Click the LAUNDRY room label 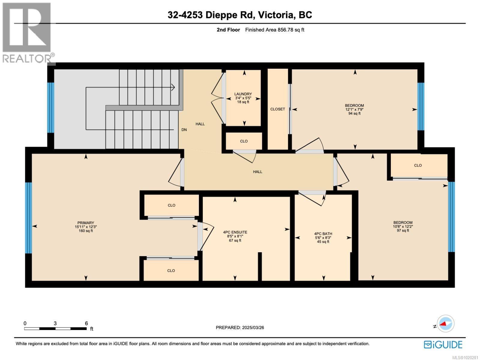pyautogui.click(x=243, y=94)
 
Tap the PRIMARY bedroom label pyautogui.click(x=86, y=223)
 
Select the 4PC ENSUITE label pyautogui.click(x=235, y=232)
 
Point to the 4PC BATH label pyautogui.click(x=323, y=234)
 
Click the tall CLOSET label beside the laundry pyautogui.click(x=277, y=109)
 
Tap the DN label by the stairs pyautogui.click(x=184, y=130)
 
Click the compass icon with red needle pyautogui.click(x=446, y=324)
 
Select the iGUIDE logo pyautogui.click(x=443, y=344)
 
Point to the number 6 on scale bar pyautogui.click(x=86, y=323)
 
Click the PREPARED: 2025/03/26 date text pyautogui.click(x=240, y=328)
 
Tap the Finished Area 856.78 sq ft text pyautogui.click(x=274, y=30)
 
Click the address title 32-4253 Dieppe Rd pyautogui.click(x=240, y=15)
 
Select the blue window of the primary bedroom pyautogui.click(x=28, y=218)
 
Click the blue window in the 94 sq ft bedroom pyautogui.click(x=421, y=106)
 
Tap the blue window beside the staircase pyautogui.click(x=51, y=107)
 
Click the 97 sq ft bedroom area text pyautogui.click(x=403, y=230)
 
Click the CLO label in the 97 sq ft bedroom pyautogui.click(x=418, y=165)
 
